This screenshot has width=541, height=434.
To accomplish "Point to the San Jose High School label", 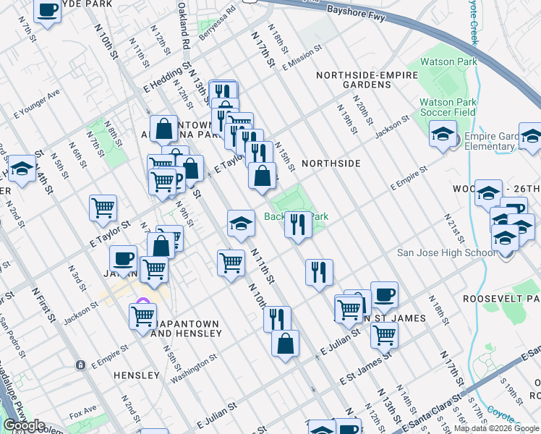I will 447,252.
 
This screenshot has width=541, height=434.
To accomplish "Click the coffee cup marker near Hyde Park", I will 48,12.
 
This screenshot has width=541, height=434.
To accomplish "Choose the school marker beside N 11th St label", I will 241,224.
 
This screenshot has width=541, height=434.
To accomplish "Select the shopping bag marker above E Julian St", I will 286,343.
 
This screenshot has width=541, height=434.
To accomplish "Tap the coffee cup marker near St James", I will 384,294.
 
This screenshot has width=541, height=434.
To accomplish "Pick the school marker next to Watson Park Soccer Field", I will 443,134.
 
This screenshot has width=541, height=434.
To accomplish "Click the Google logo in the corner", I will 24,426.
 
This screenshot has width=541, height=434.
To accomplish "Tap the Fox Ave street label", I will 83,415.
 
